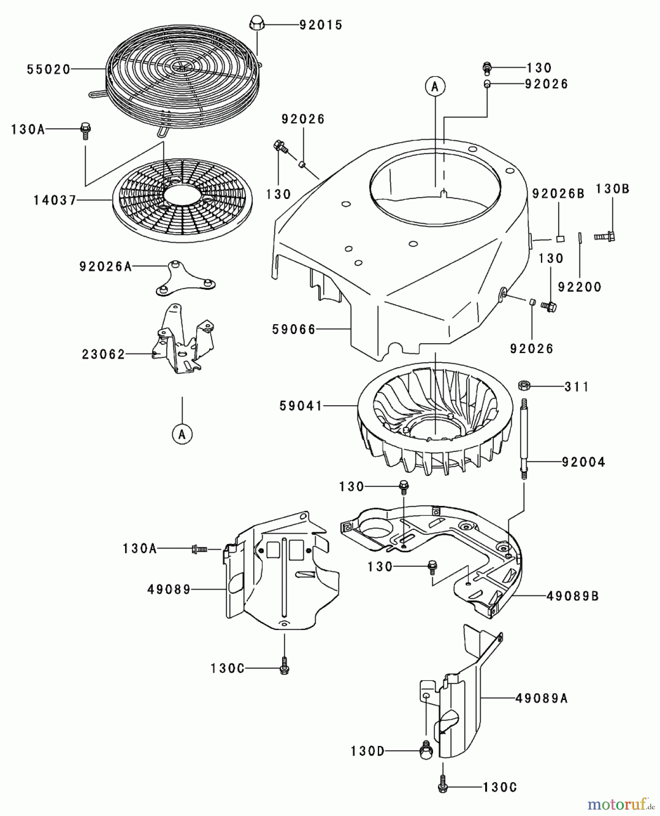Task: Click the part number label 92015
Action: [x=321, y=25]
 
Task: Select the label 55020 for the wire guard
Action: [x=48, y=69]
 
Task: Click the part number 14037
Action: [x=55, y=200]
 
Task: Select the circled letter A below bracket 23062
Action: [x=182, y=434]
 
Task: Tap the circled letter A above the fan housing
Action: [x=435, y=86]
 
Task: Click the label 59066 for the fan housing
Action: [x=294, y=330]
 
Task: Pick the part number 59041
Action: [x=301, y=406]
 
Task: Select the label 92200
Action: [x=579, y=287]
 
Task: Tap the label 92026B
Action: [x=558, y=194]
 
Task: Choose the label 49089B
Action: [x=573, y=596]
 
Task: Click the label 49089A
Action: [x=541, y=699]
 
